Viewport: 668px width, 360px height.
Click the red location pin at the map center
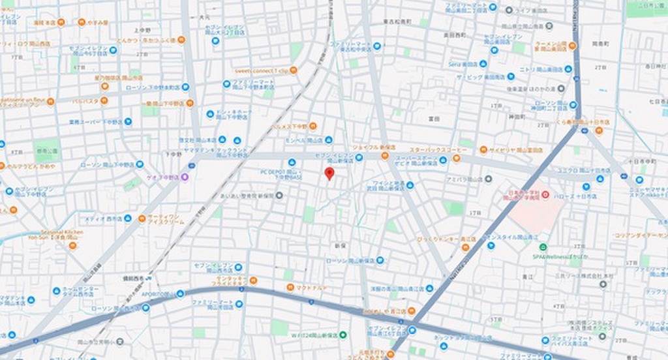point(329,173)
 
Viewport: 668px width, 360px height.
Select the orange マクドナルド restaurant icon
point(288,288)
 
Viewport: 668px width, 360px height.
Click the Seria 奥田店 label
point(463,65)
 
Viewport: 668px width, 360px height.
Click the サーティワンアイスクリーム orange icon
point(142,218)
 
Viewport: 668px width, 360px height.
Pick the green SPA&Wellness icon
point(543,247)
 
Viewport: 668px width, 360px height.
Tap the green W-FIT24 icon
point(343,335)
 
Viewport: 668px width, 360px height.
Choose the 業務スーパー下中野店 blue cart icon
point(129,121)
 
